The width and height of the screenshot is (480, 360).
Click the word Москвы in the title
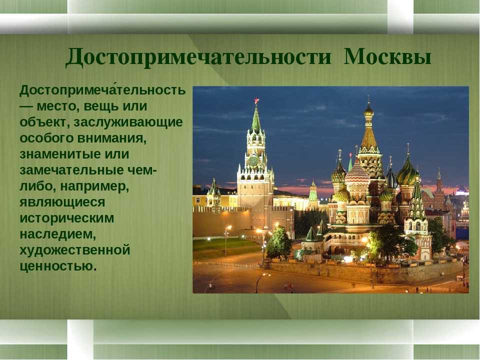point(387,56)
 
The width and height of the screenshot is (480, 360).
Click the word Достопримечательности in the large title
point(198,57)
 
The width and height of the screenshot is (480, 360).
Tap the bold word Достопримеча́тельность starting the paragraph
point(102,90)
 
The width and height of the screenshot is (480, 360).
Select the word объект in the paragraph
point(44,122)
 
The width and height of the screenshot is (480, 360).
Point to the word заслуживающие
point(128,122)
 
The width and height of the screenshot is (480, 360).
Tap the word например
point(94,186)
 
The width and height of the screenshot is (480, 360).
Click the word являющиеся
point(62,202)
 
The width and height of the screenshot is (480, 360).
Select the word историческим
point(66,218)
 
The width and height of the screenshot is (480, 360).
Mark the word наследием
point(58,234)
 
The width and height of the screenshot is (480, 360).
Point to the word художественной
point(75,250)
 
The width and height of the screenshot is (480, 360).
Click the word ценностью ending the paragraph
point(58,266)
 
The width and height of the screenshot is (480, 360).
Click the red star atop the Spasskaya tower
point(256,100)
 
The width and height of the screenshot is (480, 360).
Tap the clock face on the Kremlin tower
point(253,160)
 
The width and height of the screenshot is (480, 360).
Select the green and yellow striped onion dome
point(407,174)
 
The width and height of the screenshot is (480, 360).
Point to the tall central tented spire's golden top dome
point(368,110)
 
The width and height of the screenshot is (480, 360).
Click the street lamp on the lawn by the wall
point(227,239)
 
